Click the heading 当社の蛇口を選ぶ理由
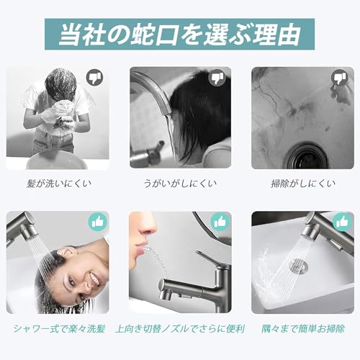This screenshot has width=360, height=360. coord(179,33)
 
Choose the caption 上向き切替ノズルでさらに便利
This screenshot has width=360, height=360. coord(180,328)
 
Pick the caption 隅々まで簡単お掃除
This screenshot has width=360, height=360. coord(302,328)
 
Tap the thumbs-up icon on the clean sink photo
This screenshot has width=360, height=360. coord(340,222)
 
